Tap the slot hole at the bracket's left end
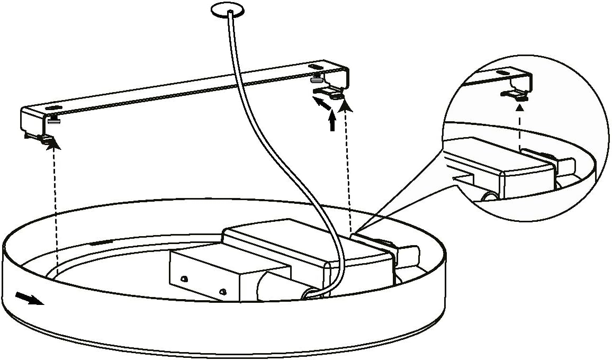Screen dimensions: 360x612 click(53, 109)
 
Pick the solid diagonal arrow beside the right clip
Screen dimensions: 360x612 click(322, 103)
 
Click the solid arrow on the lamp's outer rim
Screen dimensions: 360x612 click(30, 299)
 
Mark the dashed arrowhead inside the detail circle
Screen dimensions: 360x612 click(520, 107)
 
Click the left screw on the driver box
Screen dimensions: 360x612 click(184, 278)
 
